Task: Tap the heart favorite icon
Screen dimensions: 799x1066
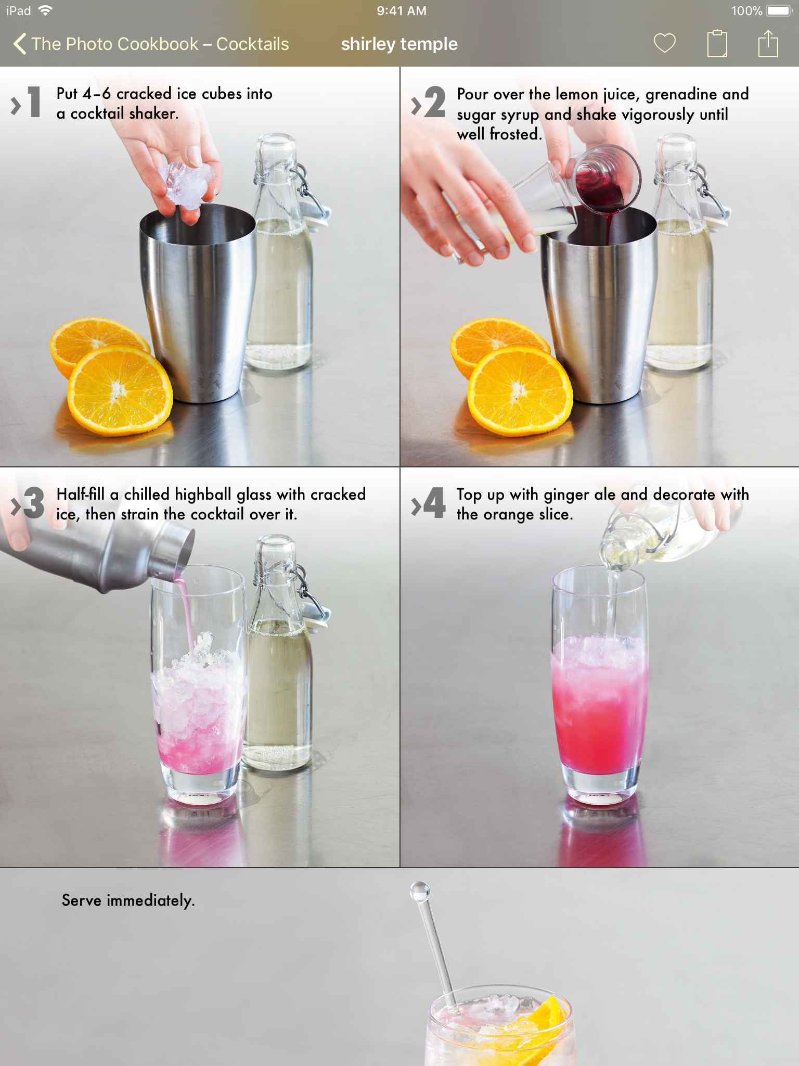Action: pos(664,43)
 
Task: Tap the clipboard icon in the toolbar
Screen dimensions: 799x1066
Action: pos(717,43)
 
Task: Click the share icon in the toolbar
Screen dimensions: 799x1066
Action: pos(768,43)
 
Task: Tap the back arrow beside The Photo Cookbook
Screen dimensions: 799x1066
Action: pos(20,44)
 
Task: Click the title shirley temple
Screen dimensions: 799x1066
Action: pos(399,44)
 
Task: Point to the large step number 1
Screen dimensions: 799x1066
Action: pos(34,101)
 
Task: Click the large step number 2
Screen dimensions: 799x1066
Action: pos(435,101)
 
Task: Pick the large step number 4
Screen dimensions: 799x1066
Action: pos(435,502)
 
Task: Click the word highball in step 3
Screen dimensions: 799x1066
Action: pos(203,494)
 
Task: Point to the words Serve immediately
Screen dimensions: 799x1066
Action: pos(128,900)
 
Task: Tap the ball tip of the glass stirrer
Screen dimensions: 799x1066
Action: pos(420,892)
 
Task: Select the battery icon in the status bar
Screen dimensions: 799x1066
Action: pos(779,11)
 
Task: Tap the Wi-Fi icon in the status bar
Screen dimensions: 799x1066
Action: pos(46,10)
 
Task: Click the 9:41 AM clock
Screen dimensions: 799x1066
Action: pos(402,11)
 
